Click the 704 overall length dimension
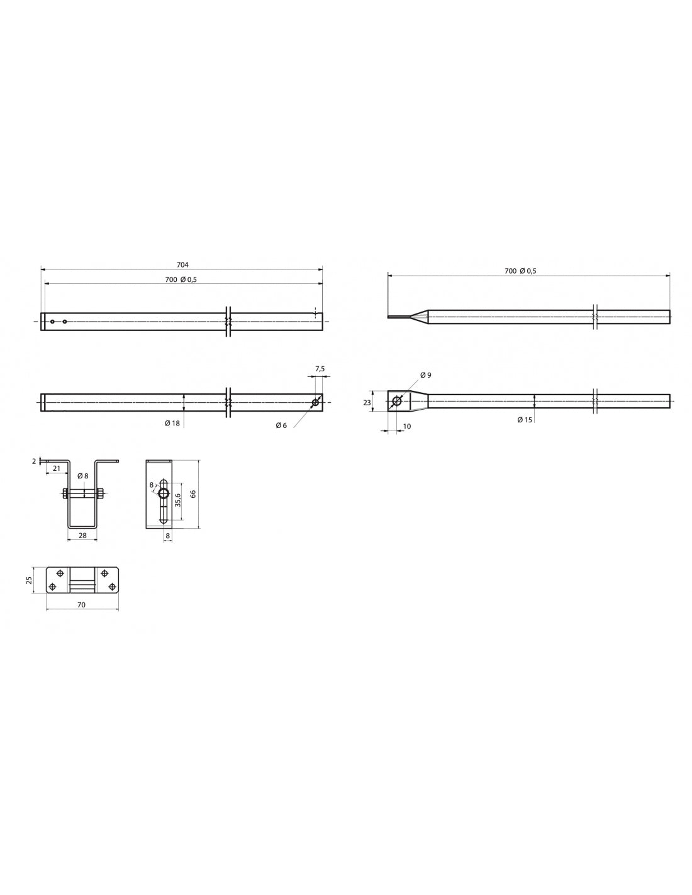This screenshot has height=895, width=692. click(x=182, y=265)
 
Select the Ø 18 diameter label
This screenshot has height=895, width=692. click(x=172, y=423)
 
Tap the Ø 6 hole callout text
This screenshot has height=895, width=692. click(x=281, y=425)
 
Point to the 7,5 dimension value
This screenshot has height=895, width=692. click(x=320, y=369)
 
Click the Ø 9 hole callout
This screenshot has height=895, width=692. click(x=426, y=375)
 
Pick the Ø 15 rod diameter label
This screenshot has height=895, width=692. click(x=525, y=420)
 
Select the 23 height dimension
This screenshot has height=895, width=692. click(x=367, y=402)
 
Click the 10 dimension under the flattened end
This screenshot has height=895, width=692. click(x=407, y=426)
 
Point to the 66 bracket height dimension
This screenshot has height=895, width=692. click(x=193, y=494)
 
